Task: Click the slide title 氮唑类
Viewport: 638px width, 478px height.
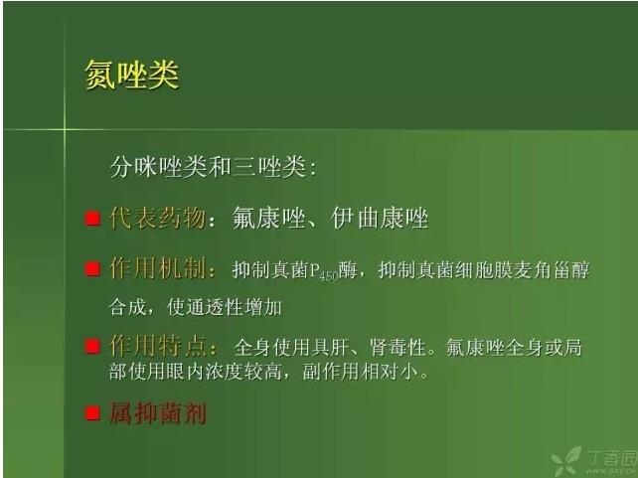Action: click(x=132, y=75)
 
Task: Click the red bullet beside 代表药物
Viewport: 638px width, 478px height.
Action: click(x=92, y=218)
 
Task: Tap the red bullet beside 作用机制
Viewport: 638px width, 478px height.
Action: click(x=92, y=269)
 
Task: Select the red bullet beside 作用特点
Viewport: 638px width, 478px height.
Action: click(x=92, y=347)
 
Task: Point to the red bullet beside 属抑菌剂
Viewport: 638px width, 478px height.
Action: click(x=92, y=413)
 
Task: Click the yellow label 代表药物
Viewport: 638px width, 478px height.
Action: click(x=157, y=218)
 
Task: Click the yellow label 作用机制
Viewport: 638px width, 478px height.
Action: click(x=157, y=269)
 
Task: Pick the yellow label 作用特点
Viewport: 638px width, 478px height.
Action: click(x=157, y=347)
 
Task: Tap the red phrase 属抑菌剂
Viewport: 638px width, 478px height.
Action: click(x=158, y=413)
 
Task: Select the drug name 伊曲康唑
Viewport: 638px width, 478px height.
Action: click(x=380, y=219)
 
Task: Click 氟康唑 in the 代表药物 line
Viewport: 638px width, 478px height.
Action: click(x=269, y=219)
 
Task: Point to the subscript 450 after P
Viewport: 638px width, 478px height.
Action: click(x=329, y=276)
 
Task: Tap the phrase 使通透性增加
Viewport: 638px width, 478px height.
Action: click(x=225, y=307)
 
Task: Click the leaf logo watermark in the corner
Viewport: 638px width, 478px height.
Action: click(x=566, y=461)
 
